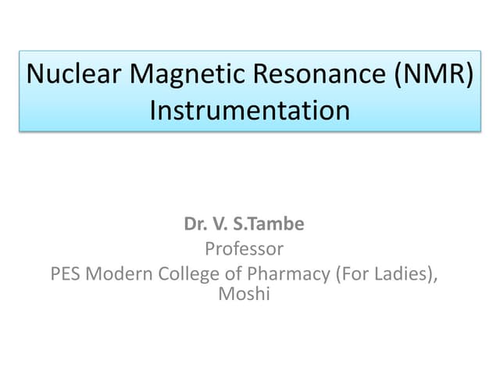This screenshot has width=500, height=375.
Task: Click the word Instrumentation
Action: pyautogui.click(x=249, y=109)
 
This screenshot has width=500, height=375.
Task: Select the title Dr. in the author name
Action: pyautogui.click(x=195, y=224)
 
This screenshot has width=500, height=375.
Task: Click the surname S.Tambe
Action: pyautogui.click(x=273, y=224)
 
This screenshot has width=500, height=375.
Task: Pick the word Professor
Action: pyautogui.click(x=244, y=249)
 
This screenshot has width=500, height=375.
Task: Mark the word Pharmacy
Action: pyautogui.click(x=289, y=275)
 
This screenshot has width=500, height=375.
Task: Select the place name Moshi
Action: pyautogui.click(x=244, y=294)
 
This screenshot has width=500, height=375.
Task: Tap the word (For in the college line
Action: pyautogui.click(x=350, y=275)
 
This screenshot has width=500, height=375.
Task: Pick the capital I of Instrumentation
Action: pyautogui.click(x=153, y=109)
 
